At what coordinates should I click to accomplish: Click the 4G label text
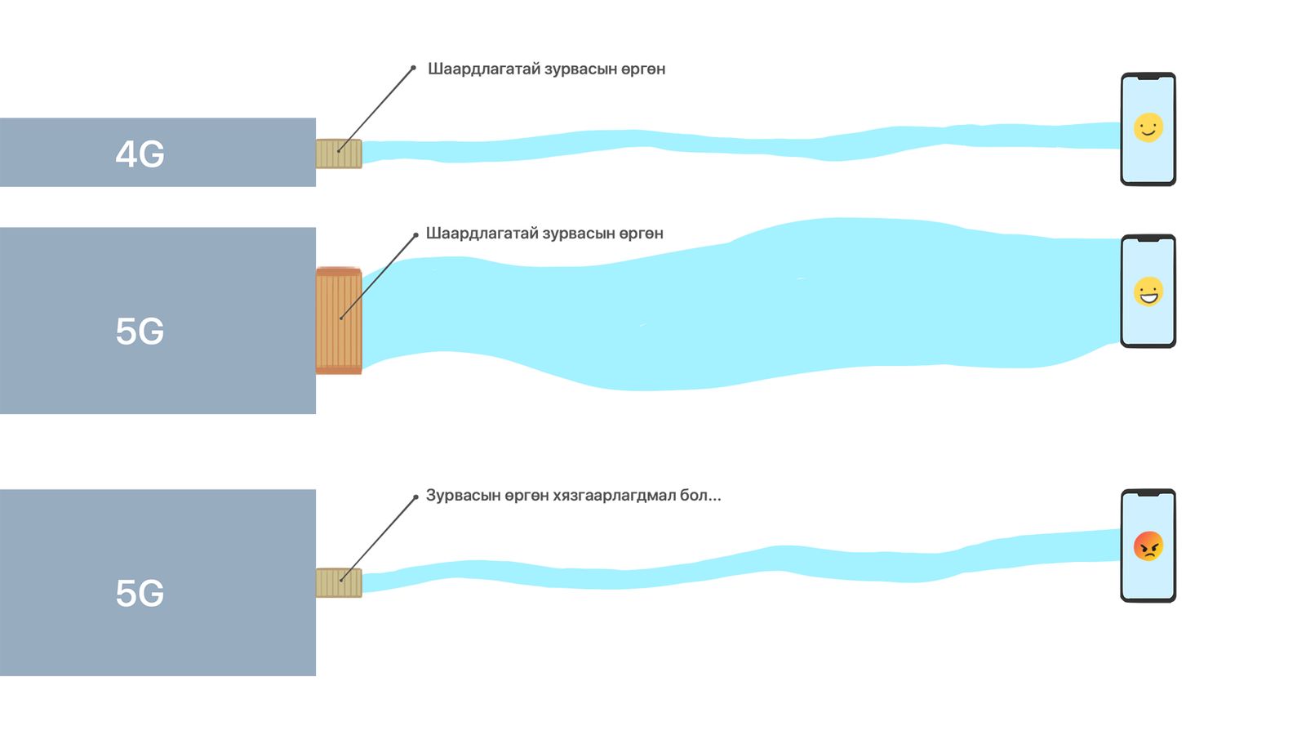point(140,154)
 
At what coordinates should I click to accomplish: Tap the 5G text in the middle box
point(140,332)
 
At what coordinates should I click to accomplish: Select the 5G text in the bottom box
point(140,593)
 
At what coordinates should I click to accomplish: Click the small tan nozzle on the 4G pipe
point(339,154)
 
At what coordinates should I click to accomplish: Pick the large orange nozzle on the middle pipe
point(339,320)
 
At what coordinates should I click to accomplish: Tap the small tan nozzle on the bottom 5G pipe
point(339,583)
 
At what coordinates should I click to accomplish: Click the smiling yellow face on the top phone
point(1148,127)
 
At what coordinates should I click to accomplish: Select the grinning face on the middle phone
point(1148,292)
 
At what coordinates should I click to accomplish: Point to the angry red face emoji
point(1148,546)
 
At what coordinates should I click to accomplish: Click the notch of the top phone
point(1148,77)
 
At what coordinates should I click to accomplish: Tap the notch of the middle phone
point(1148,238)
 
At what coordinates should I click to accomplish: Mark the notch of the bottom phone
point(1148,493)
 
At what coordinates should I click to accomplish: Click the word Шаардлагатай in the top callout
point(484,69)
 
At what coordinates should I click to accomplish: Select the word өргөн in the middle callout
point(641,234)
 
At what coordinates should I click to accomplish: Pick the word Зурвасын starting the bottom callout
point(463,495)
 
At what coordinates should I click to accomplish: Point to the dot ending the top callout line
point(413,69)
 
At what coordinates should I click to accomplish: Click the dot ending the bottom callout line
point(415,497)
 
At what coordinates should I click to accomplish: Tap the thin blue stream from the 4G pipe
point(740,144)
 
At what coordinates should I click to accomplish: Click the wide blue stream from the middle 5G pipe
point(740,303)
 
